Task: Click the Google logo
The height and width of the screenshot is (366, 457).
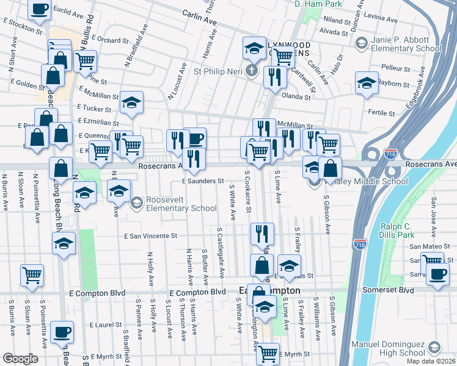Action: tap(21, 359)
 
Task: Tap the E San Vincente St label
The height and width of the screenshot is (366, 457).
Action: tap(150, 235)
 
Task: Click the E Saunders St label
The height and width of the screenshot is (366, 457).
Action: tap(204, 181)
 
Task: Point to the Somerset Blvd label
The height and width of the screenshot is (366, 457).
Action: tap(401, 290)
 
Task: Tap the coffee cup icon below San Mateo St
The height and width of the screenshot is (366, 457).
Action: tap(437, 275)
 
